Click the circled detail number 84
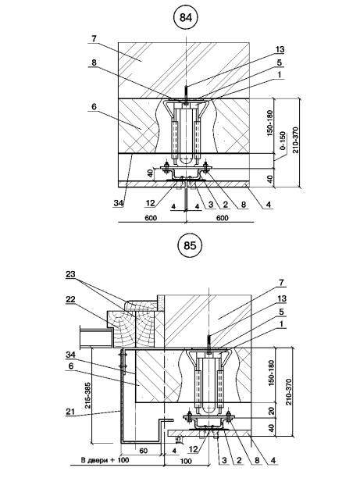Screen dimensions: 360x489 tap(186, 18)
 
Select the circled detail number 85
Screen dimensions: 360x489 tap(190, 245)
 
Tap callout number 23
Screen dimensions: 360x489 tap(71, 274)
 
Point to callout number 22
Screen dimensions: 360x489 tap(70, 299)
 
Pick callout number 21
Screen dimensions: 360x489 tap(70, 412)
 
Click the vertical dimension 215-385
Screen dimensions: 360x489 tap(87, 395)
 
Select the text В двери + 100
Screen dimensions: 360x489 tap(105, 460)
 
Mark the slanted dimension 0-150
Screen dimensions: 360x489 tap(283, 141)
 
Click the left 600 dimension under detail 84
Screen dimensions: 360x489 tap(151, 218)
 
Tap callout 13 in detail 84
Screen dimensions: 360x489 tap(280, 49)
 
